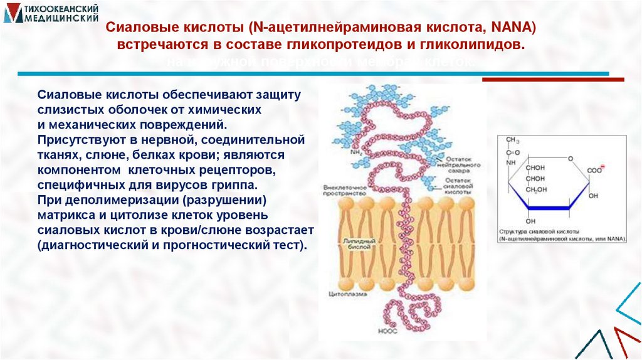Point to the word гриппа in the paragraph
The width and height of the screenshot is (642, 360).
(x=235, y=186)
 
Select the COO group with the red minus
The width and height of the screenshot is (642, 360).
(x=594, y=170)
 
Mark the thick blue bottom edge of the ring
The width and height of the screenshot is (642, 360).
(x=548, y=208)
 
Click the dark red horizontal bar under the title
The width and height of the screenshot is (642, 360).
(x=552, y=80)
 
